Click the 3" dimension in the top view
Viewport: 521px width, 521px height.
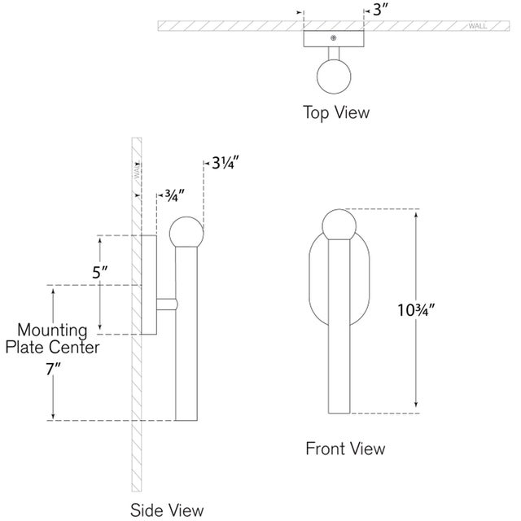coord(381,11)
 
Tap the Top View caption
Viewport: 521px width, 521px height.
coord(335,112)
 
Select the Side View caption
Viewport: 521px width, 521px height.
coord(167,510)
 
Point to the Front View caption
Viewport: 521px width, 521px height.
coord(345,448)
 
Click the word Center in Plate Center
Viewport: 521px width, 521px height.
coord(77,347)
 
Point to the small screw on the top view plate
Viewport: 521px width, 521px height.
coord(332,37)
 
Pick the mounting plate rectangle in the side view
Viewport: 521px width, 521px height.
coord(150,285)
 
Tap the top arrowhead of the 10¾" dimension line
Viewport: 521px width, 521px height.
coord(416,214)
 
